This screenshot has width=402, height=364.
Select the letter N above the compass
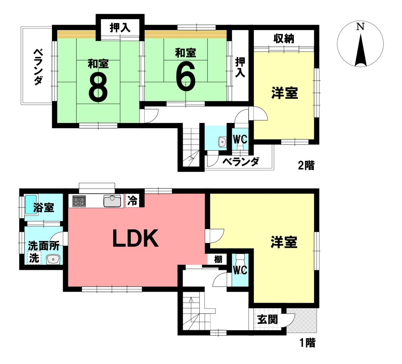tap(360, 27)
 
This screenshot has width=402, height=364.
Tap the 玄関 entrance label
tap(267, 319)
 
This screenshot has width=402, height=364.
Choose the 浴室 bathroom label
tap(44, 208)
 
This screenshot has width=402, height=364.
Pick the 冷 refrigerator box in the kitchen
tap(133, 201)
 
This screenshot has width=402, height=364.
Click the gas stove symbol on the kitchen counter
tap(79, 201)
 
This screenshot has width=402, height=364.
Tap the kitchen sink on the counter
tap(112, 201)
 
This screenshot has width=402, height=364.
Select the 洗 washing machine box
tap(34, 258)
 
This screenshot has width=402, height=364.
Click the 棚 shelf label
tap(218, 259)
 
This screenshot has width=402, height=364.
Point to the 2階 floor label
tap(306, 165)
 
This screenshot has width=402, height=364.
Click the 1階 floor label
tap(307, 343)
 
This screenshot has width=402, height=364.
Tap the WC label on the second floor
tap(240, 139)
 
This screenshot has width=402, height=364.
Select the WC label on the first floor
tap(240, 270)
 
